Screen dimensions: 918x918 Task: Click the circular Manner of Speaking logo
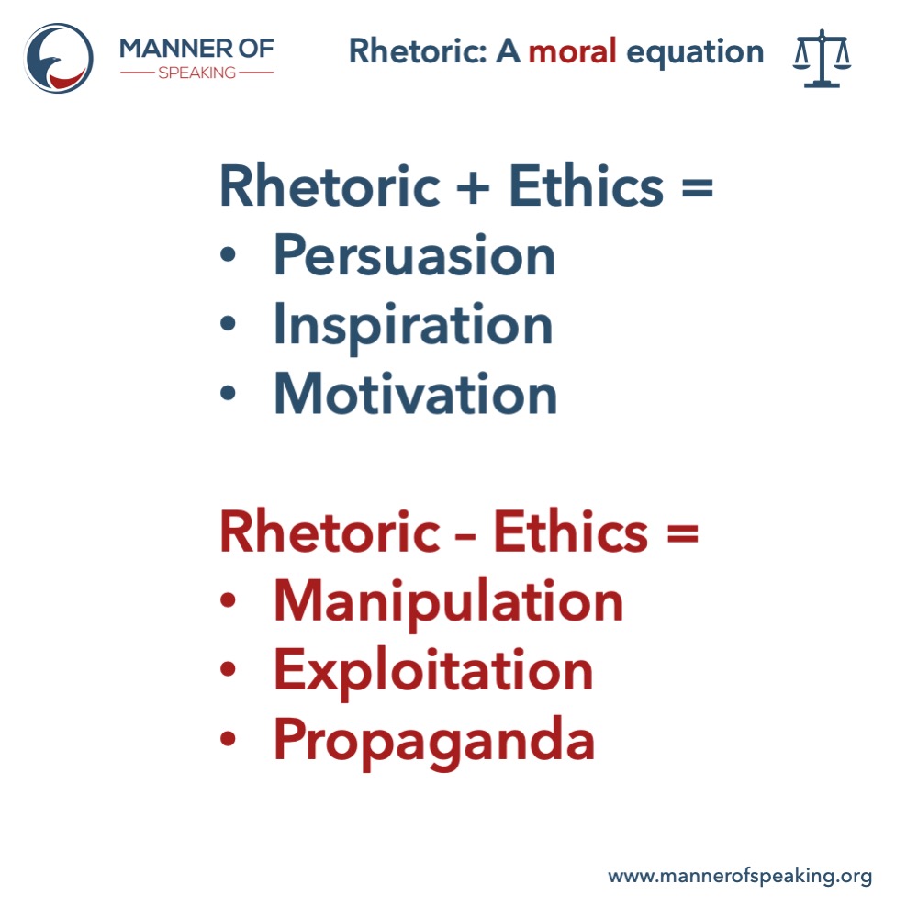(x=59, y=58)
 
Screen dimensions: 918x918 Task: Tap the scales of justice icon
(x=822, y=58)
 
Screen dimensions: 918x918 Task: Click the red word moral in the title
(x=572, y=52)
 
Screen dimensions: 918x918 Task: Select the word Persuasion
(x=415, y=256)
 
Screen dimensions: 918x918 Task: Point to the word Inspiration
(x=413, y=325)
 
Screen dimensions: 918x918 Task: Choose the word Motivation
(x=416, y=394)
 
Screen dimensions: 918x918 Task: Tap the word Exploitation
(x=433, y=670)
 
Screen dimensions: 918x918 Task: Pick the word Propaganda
(x=434, y=740)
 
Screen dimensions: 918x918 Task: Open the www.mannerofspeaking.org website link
(x=740, y=876)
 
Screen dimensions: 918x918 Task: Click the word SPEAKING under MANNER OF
(x=196, y=72)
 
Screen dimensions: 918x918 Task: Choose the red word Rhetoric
(x=330, y=532)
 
